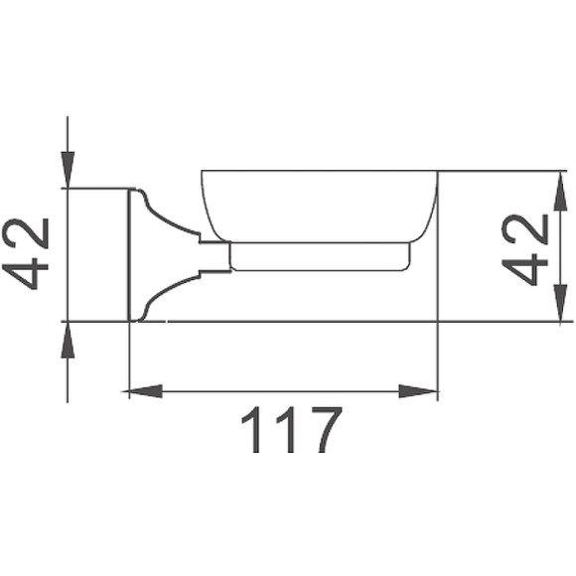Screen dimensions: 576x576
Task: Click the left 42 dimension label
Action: pyautogui.click(x=29, y=255)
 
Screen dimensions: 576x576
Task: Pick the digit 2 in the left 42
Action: pyautogui.click(x=29, y=233)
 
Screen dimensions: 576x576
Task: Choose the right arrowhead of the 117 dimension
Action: pyautogui.click(x=425, y=391)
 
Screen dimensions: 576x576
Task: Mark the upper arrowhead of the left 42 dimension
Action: pyautogui.click(x=67, y=173)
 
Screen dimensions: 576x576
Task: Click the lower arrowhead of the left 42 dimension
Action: pyautogui.click(x=67, y=337)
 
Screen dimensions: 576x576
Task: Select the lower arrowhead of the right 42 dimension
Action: pyautogui.click(x=560, y=308)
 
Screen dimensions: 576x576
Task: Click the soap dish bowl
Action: pyautogui.click(x=319, y=204)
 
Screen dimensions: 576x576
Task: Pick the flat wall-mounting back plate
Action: pyautogui.click(x=133, y=255)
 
